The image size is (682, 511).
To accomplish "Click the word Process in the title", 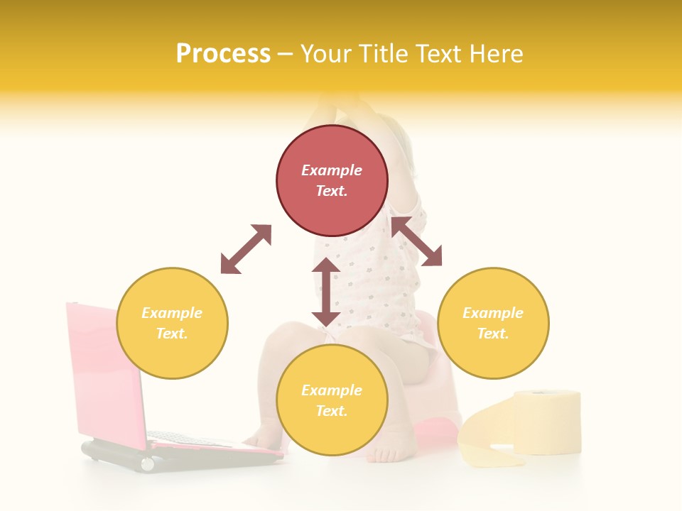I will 223,54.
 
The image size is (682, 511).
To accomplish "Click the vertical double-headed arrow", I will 326,292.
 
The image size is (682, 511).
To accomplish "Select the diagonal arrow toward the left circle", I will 246,249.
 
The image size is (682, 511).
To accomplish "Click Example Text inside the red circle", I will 332,180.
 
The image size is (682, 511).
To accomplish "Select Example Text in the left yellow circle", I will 172,323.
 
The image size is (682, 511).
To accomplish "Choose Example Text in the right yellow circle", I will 493,323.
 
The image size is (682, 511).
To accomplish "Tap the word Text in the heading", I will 438,54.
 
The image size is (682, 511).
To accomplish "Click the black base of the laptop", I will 178,457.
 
